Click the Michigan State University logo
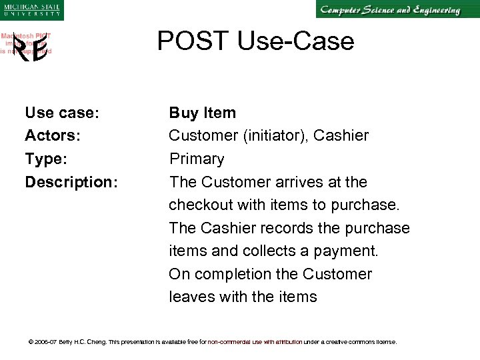point(31,9)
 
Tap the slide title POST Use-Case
point(255,41)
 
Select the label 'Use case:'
point(62,113)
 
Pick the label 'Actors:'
point(53,136)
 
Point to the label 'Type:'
point(47,159)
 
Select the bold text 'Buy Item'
point(202,113)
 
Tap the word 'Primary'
point(197,159)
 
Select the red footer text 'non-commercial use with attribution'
point(255,342)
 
